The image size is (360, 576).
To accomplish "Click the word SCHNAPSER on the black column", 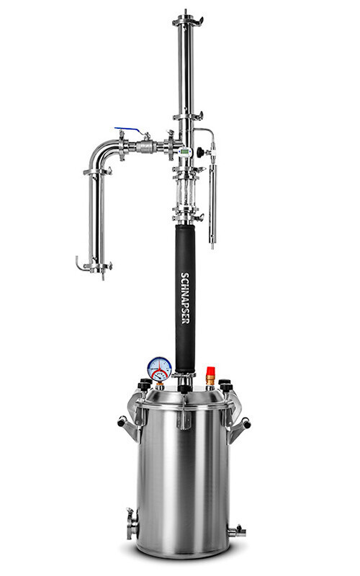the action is click(185, 298).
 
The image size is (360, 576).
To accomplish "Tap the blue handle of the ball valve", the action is click(128, 130).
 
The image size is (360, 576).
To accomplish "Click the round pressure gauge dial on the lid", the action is click(159, 369).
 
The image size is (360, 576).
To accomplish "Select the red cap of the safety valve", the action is click(210, 371).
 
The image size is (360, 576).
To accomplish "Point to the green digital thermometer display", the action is click(185, 151).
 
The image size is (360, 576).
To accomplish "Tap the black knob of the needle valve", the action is click(200, 152).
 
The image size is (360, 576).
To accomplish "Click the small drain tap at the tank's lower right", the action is click(237, 531).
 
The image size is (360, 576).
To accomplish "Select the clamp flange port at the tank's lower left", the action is click(132, 524).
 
